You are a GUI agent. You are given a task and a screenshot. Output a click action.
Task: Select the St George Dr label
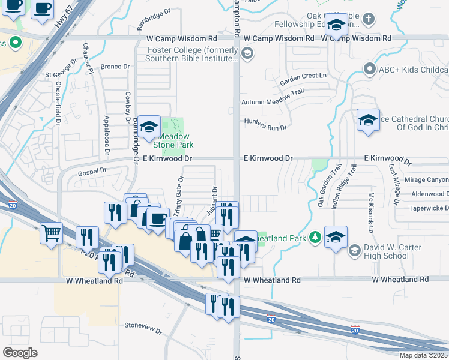(x=61, y=76)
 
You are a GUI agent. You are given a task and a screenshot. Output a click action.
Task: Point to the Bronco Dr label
(x=116, y=67)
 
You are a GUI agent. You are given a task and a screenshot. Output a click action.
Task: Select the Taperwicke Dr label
(x=429, y=208)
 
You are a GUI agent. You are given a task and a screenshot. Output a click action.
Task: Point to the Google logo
(x=20, y=353)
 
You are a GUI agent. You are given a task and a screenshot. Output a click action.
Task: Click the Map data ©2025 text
(x=423, y=355)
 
